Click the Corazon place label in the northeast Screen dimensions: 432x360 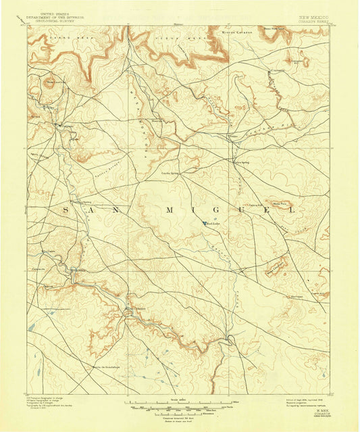pos(277,70)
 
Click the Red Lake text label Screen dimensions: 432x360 pos(214,226)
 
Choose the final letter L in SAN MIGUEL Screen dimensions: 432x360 pos(292,211)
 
